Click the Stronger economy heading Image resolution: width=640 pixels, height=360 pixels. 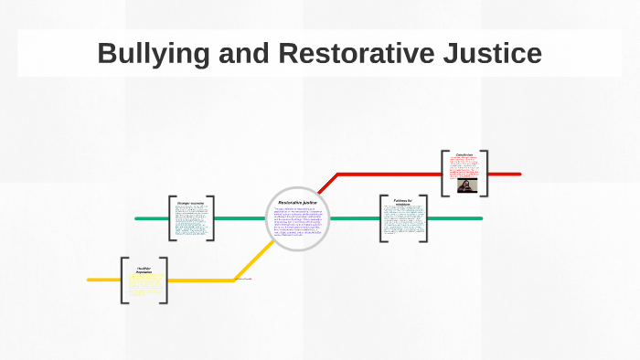pos(191,202)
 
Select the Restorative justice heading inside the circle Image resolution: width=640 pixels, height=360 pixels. pos(297,202)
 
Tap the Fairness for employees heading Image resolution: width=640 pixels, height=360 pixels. pos(403,202)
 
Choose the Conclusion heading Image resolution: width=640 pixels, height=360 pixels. pos(464,155)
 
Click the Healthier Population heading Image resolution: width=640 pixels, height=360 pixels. pos(144,270)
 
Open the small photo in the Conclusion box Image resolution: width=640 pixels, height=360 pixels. pos(464,185)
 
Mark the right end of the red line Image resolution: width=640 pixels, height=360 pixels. pos(518,174)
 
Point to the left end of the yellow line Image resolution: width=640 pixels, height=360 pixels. pos(90,280)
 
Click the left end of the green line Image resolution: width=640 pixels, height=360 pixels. pos(137,218)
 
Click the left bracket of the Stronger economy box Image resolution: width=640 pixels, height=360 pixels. pos(171,218)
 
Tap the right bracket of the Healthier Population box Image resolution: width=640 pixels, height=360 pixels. pos(165,281)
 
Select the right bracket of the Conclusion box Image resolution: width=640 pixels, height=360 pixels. pos(485,173)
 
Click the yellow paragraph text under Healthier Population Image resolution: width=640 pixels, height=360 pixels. pos(144,284)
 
